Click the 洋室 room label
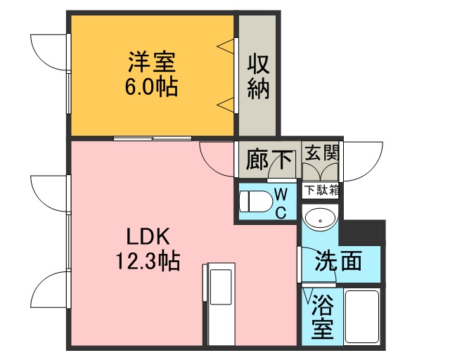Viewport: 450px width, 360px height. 152,62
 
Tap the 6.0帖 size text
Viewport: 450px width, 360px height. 151,86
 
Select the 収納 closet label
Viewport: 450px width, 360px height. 258,77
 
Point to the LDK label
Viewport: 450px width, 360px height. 148,236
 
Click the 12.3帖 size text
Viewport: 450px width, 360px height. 148,261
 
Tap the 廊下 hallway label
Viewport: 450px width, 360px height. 270,160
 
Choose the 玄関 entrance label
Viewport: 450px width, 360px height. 322,153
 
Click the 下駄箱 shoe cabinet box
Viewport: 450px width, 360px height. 321,191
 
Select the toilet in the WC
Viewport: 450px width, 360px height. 255,201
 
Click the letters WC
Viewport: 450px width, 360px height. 281,204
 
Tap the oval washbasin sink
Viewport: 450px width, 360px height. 320,219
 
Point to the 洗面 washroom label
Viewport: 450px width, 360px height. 338,262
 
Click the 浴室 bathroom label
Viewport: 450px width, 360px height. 323,316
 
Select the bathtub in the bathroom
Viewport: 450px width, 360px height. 362,316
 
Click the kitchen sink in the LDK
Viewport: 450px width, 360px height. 221,287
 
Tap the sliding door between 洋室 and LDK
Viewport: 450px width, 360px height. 153,139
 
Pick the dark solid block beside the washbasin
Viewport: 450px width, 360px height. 362,233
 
